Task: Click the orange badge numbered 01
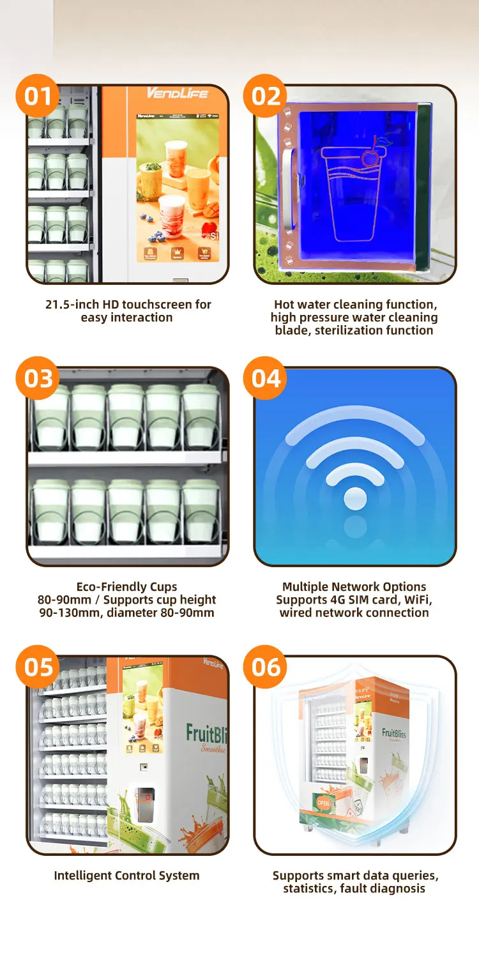click(x=38, y=96)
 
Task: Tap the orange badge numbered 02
click(x=266, y=96)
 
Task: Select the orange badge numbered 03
click(x=38, y=379)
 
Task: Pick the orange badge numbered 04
click(x=266, y=379)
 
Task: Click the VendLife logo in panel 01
click(x=177, y=94)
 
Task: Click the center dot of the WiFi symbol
click(x=355, y=498)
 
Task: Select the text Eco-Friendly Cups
click(x=126, y=586)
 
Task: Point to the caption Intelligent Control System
click(x=126, y=876)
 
